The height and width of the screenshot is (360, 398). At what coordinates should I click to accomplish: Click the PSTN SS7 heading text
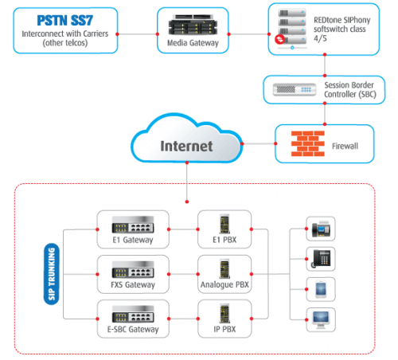[x=59, y=18]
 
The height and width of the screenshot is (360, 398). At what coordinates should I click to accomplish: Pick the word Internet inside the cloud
[x=187, y=147]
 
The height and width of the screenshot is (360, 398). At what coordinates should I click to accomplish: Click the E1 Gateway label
[x=133, y=240]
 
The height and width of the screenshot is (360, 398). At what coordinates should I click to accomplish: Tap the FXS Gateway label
[x=133, y=284]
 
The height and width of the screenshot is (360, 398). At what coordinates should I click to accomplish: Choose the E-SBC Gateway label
[x=133, y=328]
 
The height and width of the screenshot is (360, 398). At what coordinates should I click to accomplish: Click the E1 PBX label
[x=223, y=240]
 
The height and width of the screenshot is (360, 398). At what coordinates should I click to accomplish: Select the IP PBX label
[x=223, y=328]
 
